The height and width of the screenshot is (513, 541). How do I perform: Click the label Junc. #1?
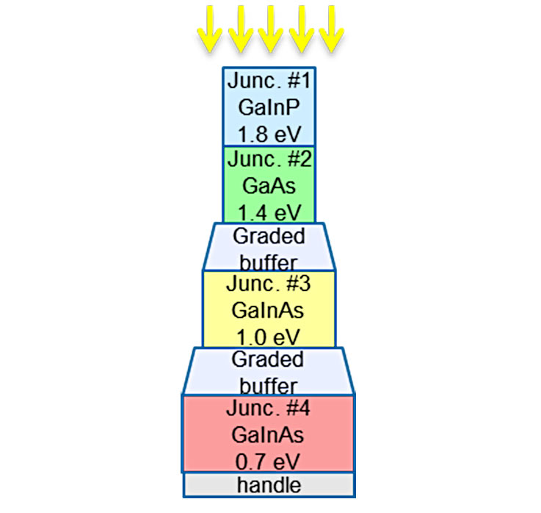click(x=269, y=80)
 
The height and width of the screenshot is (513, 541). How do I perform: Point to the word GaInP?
click(x=269, y=107)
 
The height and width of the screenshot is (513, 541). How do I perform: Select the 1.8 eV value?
click(x=269, y=134)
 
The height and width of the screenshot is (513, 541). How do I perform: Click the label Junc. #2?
click(x=269, y=159)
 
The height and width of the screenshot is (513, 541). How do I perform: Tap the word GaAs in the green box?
click(x=269, y=187)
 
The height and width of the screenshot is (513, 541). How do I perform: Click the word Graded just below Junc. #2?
click(x=269, y=237)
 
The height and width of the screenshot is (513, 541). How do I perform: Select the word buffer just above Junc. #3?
click(x=269, y=262)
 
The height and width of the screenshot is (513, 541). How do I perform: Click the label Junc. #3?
click(x=269, y=284)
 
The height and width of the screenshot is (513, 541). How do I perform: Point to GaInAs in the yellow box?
click(x=269, y=310)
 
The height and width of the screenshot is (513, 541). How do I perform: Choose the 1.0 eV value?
click(x=269, y=337)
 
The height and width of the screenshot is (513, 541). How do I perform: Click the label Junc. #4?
click(x=269, y=408)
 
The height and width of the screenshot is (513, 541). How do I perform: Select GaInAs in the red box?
click(x=269, y=434)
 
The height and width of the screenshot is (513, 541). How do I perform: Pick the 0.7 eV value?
click(x=269, y=461)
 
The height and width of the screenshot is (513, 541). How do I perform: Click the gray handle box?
click(x=269, y=485)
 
